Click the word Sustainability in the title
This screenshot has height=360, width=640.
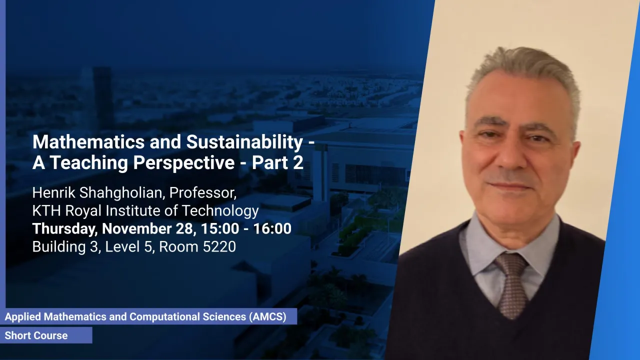click(244, 142)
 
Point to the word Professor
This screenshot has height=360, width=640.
click(203, 193)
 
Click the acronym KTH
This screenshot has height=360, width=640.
click(46, 211)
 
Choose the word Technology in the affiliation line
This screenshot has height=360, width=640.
click(220, 211)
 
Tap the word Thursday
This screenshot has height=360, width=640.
click(65, 229)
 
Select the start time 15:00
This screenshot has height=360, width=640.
click(220, 228)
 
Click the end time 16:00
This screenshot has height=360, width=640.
click(272, 228)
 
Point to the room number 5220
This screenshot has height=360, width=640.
click(219, 247)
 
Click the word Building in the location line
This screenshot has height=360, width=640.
click(59, 247)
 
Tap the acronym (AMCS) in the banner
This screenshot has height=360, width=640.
click(267, 316)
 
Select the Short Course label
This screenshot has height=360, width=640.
click(36, 335)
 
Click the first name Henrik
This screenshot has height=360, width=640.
click(54, 193)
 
